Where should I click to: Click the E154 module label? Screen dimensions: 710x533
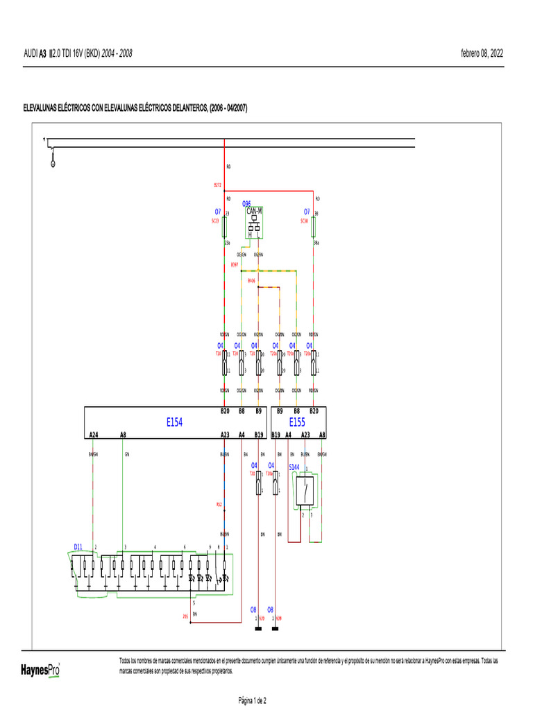point(174,422)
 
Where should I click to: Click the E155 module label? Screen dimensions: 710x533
point(297,422)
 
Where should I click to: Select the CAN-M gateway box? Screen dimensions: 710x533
point(254,223)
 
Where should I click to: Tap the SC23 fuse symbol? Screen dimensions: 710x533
point(223,225)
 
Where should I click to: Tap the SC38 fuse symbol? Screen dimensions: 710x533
point(314,225)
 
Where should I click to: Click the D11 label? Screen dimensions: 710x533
point(78,547)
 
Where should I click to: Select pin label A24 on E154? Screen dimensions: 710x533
point(94,435)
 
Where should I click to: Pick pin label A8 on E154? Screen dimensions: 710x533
point(123,435)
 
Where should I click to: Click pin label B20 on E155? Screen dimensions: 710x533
point(314,411)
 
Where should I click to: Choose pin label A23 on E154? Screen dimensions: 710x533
point(225,435)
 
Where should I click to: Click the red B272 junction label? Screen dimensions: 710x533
point(217,185)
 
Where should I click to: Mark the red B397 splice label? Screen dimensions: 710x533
point(235,265)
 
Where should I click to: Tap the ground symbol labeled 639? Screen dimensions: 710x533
point(258,627)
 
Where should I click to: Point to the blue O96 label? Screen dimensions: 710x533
point(246,204)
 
